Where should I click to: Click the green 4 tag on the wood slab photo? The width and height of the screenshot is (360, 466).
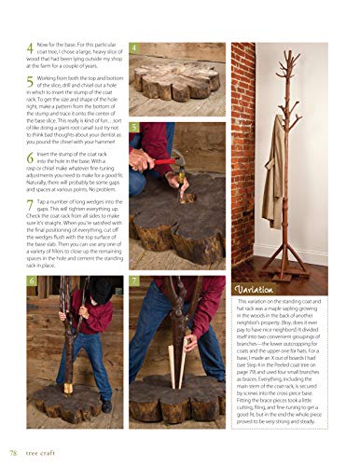click(x=135, y=48)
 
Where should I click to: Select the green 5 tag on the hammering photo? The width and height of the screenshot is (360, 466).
click(x=135, y=127)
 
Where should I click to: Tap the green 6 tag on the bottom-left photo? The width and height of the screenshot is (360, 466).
click(x=32, y=281)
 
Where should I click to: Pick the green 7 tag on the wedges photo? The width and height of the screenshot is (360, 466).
click(x=136, y=281)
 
